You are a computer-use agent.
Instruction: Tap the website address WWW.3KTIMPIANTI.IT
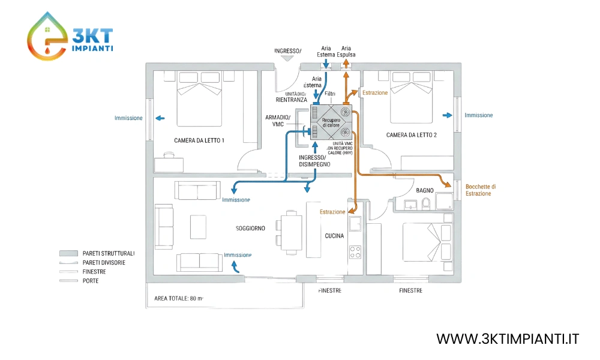tap(508, 339)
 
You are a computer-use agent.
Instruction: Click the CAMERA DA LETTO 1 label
tap(199, 140)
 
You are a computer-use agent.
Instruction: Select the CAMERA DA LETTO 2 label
tap(411, 135)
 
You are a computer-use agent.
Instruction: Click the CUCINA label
tap(334, 236)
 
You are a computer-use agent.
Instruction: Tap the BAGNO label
tap(425, 190)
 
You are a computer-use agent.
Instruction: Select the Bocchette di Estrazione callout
tap(481, 190)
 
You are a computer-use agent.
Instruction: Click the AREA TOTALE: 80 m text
tap(179, 298)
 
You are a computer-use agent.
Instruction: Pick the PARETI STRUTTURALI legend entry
tap(109, 254)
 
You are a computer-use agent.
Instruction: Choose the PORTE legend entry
tap(91, 281)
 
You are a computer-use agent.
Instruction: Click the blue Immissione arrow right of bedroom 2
tap(448, 115)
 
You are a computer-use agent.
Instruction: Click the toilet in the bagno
tap(426, 206)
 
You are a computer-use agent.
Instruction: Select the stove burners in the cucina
tap(355, 252)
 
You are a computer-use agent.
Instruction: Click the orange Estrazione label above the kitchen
tap(332, 212)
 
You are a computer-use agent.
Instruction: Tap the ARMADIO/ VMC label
tap(278, 120)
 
